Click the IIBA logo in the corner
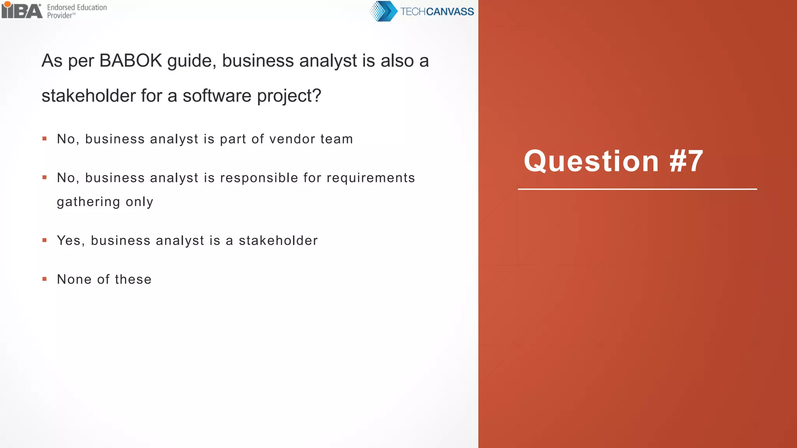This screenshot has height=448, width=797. (21, 10)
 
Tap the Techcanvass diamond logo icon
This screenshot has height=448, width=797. (383, 11)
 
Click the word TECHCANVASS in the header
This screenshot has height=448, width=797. (437, 12)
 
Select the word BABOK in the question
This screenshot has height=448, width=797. (130, 61)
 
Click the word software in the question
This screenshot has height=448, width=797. (217, 96)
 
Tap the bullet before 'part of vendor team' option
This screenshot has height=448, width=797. (45, 139)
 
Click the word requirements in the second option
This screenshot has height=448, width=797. (370, 178)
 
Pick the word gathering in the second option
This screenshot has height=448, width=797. (88, 202)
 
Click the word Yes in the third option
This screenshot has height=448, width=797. (68, 241)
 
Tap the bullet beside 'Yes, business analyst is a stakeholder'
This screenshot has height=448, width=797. (45, 240)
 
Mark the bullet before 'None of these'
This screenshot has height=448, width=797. (45, 279)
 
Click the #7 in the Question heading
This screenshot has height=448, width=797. (686, 161)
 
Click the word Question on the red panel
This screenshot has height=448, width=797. (591, 161)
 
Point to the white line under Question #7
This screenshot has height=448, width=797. (637, 189)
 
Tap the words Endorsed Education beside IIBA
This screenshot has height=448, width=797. (77, 7)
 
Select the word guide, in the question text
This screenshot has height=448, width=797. (191, 61)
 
